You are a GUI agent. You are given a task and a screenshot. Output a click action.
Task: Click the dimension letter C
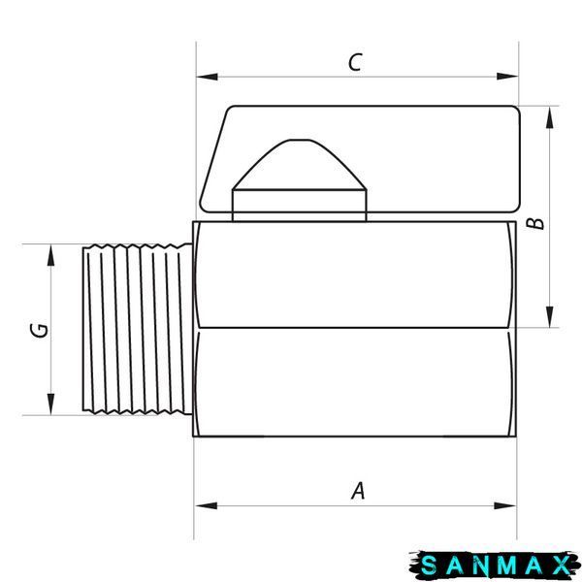(355, 62)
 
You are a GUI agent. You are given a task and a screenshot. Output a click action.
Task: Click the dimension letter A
(358, 491)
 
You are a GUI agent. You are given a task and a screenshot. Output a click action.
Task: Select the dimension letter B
(535, 223)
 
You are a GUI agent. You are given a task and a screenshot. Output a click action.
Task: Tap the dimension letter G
(40, 331)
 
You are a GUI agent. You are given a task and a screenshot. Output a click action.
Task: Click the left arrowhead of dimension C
(207, 77)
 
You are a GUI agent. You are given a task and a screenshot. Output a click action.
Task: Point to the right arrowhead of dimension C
(507, 77)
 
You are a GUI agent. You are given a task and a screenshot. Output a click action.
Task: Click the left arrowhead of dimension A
(206, 505)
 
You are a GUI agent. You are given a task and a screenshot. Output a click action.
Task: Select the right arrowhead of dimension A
(504, 505)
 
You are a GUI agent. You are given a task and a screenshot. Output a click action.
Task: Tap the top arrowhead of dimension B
(550, 117)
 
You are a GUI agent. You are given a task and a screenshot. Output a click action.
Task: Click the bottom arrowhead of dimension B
(550, 316)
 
